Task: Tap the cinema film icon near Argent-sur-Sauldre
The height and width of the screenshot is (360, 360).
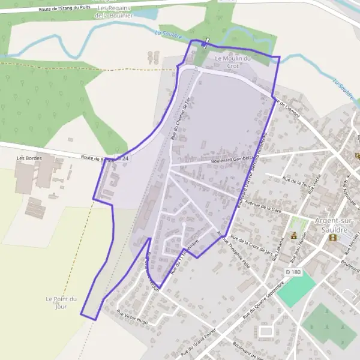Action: tap(332, 238)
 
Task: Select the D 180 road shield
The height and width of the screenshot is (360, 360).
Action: tap(293, 272)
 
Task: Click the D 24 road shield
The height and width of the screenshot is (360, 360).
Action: tap(123, 158)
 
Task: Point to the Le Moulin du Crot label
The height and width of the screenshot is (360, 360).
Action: tap(234, 61)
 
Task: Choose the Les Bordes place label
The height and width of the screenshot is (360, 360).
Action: tap(28, 158)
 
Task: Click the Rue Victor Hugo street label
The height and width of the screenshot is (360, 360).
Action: tap(132, 317)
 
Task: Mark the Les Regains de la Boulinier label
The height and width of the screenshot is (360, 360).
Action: tap(114, 11)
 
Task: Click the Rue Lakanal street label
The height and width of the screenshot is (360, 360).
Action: tap(279, 242)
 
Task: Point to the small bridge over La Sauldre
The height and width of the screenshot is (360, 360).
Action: tap(205, 43)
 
